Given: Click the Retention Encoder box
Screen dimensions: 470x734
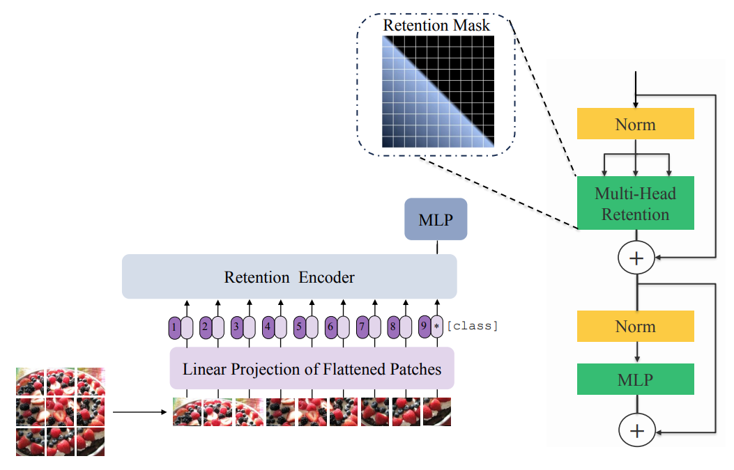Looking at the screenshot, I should (x=289, y=277).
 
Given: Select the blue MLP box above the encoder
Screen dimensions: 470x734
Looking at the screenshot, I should (x=436, y=220).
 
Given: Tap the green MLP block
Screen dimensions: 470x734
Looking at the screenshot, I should (x=635, y=379).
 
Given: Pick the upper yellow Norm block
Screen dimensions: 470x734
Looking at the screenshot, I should (x=635, y=124).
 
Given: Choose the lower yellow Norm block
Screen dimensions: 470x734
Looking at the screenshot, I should (x=635, y=326).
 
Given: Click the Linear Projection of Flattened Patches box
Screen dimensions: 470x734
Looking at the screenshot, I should (x=312, y=368).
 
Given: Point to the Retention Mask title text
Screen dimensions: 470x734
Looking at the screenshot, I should (x=436, y=26).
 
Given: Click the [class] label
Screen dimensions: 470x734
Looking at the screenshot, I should (x=473, y=325).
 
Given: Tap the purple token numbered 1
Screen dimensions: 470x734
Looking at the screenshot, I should (x=174, y=326).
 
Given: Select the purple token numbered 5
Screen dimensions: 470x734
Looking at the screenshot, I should (x=299, y=326).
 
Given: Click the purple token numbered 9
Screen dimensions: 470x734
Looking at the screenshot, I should (x=424, y=326).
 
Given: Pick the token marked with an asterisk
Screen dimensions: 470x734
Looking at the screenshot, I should (x=436, y=326).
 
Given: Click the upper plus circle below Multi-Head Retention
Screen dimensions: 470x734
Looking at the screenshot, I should (x=636, y=258).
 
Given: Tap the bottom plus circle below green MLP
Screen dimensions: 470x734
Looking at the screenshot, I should (x=636, y=431).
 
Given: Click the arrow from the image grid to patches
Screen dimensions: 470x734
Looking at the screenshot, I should (x=139, y=412).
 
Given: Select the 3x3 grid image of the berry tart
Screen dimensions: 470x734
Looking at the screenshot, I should (x=60, y=412).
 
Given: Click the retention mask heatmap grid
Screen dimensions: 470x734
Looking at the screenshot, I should (x=437, y=91).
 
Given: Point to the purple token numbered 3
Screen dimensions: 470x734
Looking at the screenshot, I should (x=237, y=326).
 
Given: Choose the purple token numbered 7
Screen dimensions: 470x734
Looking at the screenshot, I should (x=362, y=326).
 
